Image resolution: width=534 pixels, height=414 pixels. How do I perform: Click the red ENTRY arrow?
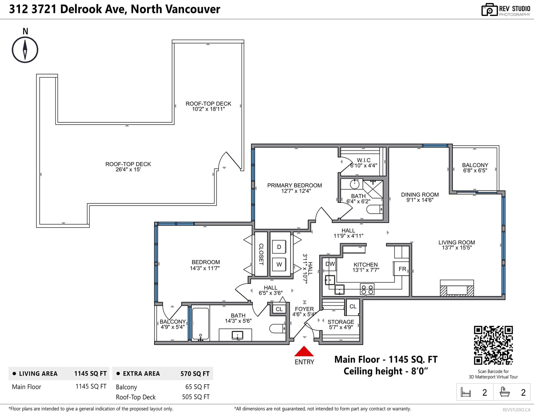coord(304,351)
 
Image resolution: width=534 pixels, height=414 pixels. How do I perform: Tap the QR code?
coord(493,345)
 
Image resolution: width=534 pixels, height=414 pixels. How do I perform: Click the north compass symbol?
coord(25,50)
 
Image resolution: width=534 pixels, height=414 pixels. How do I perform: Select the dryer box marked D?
coord(279,247)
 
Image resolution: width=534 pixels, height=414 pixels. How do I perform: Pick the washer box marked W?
coord(279,264)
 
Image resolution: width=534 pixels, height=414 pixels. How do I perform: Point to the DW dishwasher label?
coord(330,264)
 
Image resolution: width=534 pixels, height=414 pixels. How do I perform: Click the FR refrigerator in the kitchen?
coord(402,269)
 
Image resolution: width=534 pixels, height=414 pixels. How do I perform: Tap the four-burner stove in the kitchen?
coord(367,289)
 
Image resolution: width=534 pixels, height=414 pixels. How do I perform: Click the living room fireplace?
coord(457,288)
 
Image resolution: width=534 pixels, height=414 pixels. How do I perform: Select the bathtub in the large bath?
coord(201,324)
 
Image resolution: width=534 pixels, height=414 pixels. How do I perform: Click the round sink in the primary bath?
coord(354,184)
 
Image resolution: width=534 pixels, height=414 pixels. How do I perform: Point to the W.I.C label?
coord(363,160)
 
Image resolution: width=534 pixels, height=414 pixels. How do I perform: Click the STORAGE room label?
coord(341,322)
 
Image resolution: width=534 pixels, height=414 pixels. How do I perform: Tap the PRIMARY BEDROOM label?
coord(294,185)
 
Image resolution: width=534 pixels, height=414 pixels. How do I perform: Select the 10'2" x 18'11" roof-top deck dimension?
coord(208,109)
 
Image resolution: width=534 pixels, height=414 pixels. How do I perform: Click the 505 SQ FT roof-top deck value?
coord(196,397)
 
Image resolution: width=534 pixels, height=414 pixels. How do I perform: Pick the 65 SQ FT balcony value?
coord(198,387)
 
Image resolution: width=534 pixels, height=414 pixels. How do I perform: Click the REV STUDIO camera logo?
coord(489,10)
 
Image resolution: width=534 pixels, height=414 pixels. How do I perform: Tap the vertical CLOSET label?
coord(261,254)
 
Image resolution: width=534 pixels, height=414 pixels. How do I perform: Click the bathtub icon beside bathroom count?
coord(505,392)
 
